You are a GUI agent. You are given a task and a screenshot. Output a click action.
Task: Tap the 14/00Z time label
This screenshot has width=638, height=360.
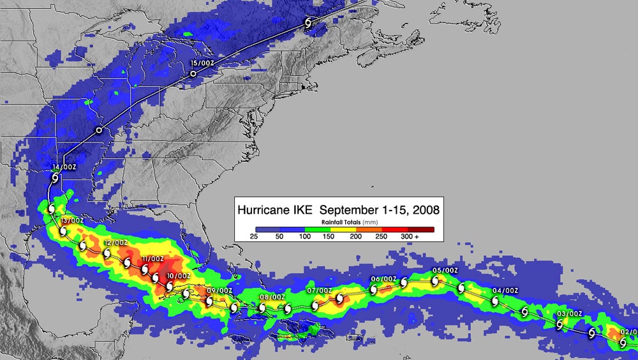click(64, 167)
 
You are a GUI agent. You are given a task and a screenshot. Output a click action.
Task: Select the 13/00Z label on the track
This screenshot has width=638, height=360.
click(71, 220)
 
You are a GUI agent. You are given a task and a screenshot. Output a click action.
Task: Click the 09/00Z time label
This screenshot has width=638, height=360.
click(219, 290)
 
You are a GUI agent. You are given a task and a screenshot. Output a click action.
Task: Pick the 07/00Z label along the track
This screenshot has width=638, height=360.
click(319, 290)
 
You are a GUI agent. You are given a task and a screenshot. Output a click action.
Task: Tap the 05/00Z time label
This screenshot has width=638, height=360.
click(445, 270)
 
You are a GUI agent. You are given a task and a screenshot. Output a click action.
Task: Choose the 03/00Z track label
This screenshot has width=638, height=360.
click(570, 313)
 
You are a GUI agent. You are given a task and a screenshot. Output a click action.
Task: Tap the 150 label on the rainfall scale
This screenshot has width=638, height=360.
click(329, 237)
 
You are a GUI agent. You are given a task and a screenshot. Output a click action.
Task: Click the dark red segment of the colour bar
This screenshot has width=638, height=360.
click(422, 229)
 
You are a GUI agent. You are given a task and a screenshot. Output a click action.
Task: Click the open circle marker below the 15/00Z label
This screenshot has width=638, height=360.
click(193, 75)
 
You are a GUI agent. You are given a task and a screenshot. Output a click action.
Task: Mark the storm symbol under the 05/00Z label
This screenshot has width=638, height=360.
click(436, 280)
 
